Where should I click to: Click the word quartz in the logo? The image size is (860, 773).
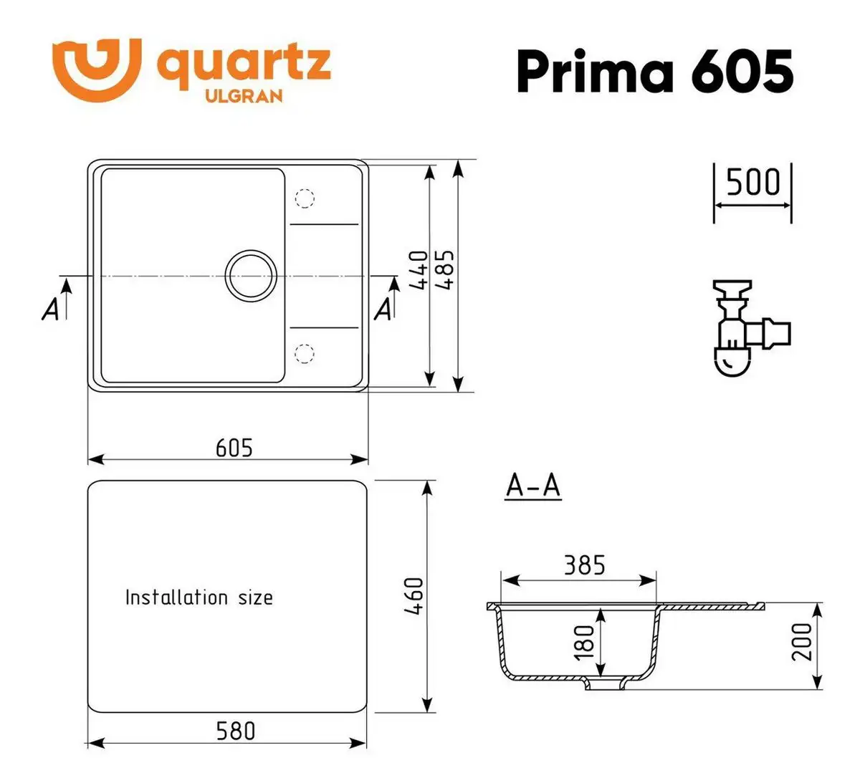[x=244, y=64]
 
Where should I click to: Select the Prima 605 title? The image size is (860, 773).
[x=654, y=72]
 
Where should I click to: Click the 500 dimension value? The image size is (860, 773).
[x=752, y=183]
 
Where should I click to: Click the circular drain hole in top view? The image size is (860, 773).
[x=250, y=275]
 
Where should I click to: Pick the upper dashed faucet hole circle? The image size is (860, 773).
[x=305, y=198]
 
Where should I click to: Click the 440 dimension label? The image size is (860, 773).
[x=419, y=270]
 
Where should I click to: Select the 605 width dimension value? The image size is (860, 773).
[x=234, y=448]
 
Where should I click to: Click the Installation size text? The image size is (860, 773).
[x=199, y=597]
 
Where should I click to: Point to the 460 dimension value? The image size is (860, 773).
[x=415, y=596]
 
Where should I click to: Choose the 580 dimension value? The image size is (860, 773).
[x=235, y=731]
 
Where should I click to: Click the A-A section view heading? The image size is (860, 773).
[x=532, y=486]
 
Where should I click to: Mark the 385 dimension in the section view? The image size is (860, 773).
[x=583, y=565]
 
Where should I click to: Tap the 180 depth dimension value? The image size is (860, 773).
[x=584, y=642]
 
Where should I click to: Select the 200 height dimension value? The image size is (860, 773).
[x=804, y=642]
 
